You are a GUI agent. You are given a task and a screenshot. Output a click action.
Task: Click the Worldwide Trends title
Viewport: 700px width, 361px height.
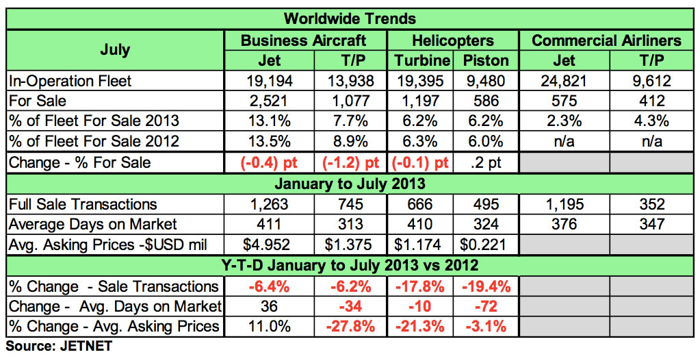(350, 18)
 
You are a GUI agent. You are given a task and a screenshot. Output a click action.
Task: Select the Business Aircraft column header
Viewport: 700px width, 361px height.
(303, 40)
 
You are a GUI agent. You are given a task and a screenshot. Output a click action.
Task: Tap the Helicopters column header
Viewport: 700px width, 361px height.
(452, 40)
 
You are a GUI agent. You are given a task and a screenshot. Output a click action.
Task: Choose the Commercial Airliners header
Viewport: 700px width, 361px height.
(606, 40)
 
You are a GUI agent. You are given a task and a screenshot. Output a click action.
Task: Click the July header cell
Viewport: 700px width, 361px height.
(114, 49)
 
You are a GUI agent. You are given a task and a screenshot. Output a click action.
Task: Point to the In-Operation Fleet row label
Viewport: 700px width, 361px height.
(70, 81)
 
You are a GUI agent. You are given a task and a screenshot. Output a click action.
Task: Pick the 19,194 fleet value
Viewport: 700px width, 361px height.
(270, 81)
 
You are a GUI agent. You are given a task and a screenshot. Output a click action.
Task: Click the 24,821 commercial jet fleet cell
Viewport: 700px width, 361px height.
(562, 81)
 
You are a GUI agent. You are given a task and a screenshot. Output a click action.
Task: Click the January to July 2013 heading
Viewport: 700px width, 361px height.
(350, 184)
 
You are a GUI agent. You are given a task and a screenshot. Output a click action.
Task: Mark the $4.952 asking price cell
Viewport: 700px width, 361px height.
(270, 245)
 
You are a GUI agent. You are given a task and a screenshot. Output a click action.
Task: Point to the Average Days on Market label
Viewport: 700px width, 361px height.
(93, 224)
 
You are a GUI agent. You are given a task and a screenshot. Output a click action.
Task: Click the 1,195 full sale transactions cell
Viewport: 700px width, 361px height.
(562, 204)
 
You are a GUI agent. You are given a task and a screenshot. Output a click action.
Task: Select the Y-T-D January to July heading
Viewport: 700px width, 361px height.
(350, 265)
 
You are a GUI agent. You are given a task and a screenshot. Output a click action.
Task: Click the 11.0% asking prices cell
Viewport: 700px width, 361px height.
(270, 327)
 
